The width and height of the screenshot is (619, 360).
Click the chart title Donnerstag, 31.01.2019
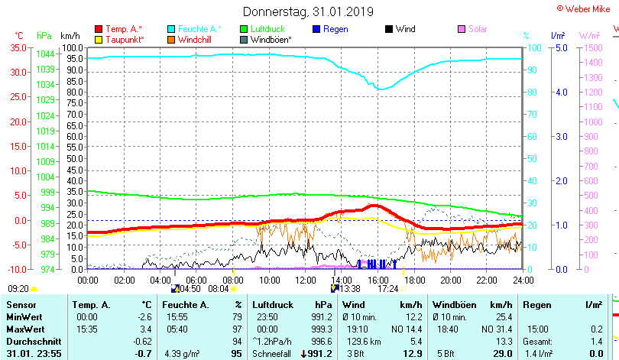click(x=309, y=11)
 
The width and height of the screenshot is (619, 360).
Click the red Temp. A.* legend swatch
click(x=98, y=29)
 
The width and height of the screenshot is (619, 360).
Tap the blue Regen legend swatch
click(x=316, y=29)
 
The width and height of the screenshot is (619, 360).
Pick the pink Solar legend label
click(x=478, y=29)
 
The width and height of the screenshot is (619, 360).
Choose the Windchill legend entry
click(x=195, y=39)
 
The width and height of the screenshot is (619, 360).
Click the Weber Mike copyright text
click(x=587, y=8)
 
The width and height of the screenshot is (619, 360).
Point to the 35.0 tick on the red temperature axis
click(x=18, y=47)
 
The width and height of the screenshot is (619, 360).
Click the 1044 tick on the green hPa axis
click(x=45, y=54)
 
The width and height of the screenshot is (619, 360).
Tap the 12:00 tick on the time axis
click(x=305, y=280)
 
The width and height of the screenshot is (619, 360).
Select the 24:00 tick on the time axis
click(x=523, y=280)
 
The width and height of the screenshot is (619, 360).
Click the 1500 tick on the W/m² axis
click(x=593, y=47)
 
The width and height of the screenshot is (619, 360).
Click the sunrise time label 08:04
click(x=218, y=289)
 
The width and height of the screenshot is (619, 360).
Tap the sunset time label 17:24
click(x=388, y=289)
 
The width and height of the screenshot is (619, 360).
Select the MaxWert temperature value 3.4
click(x=147, y=329)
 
